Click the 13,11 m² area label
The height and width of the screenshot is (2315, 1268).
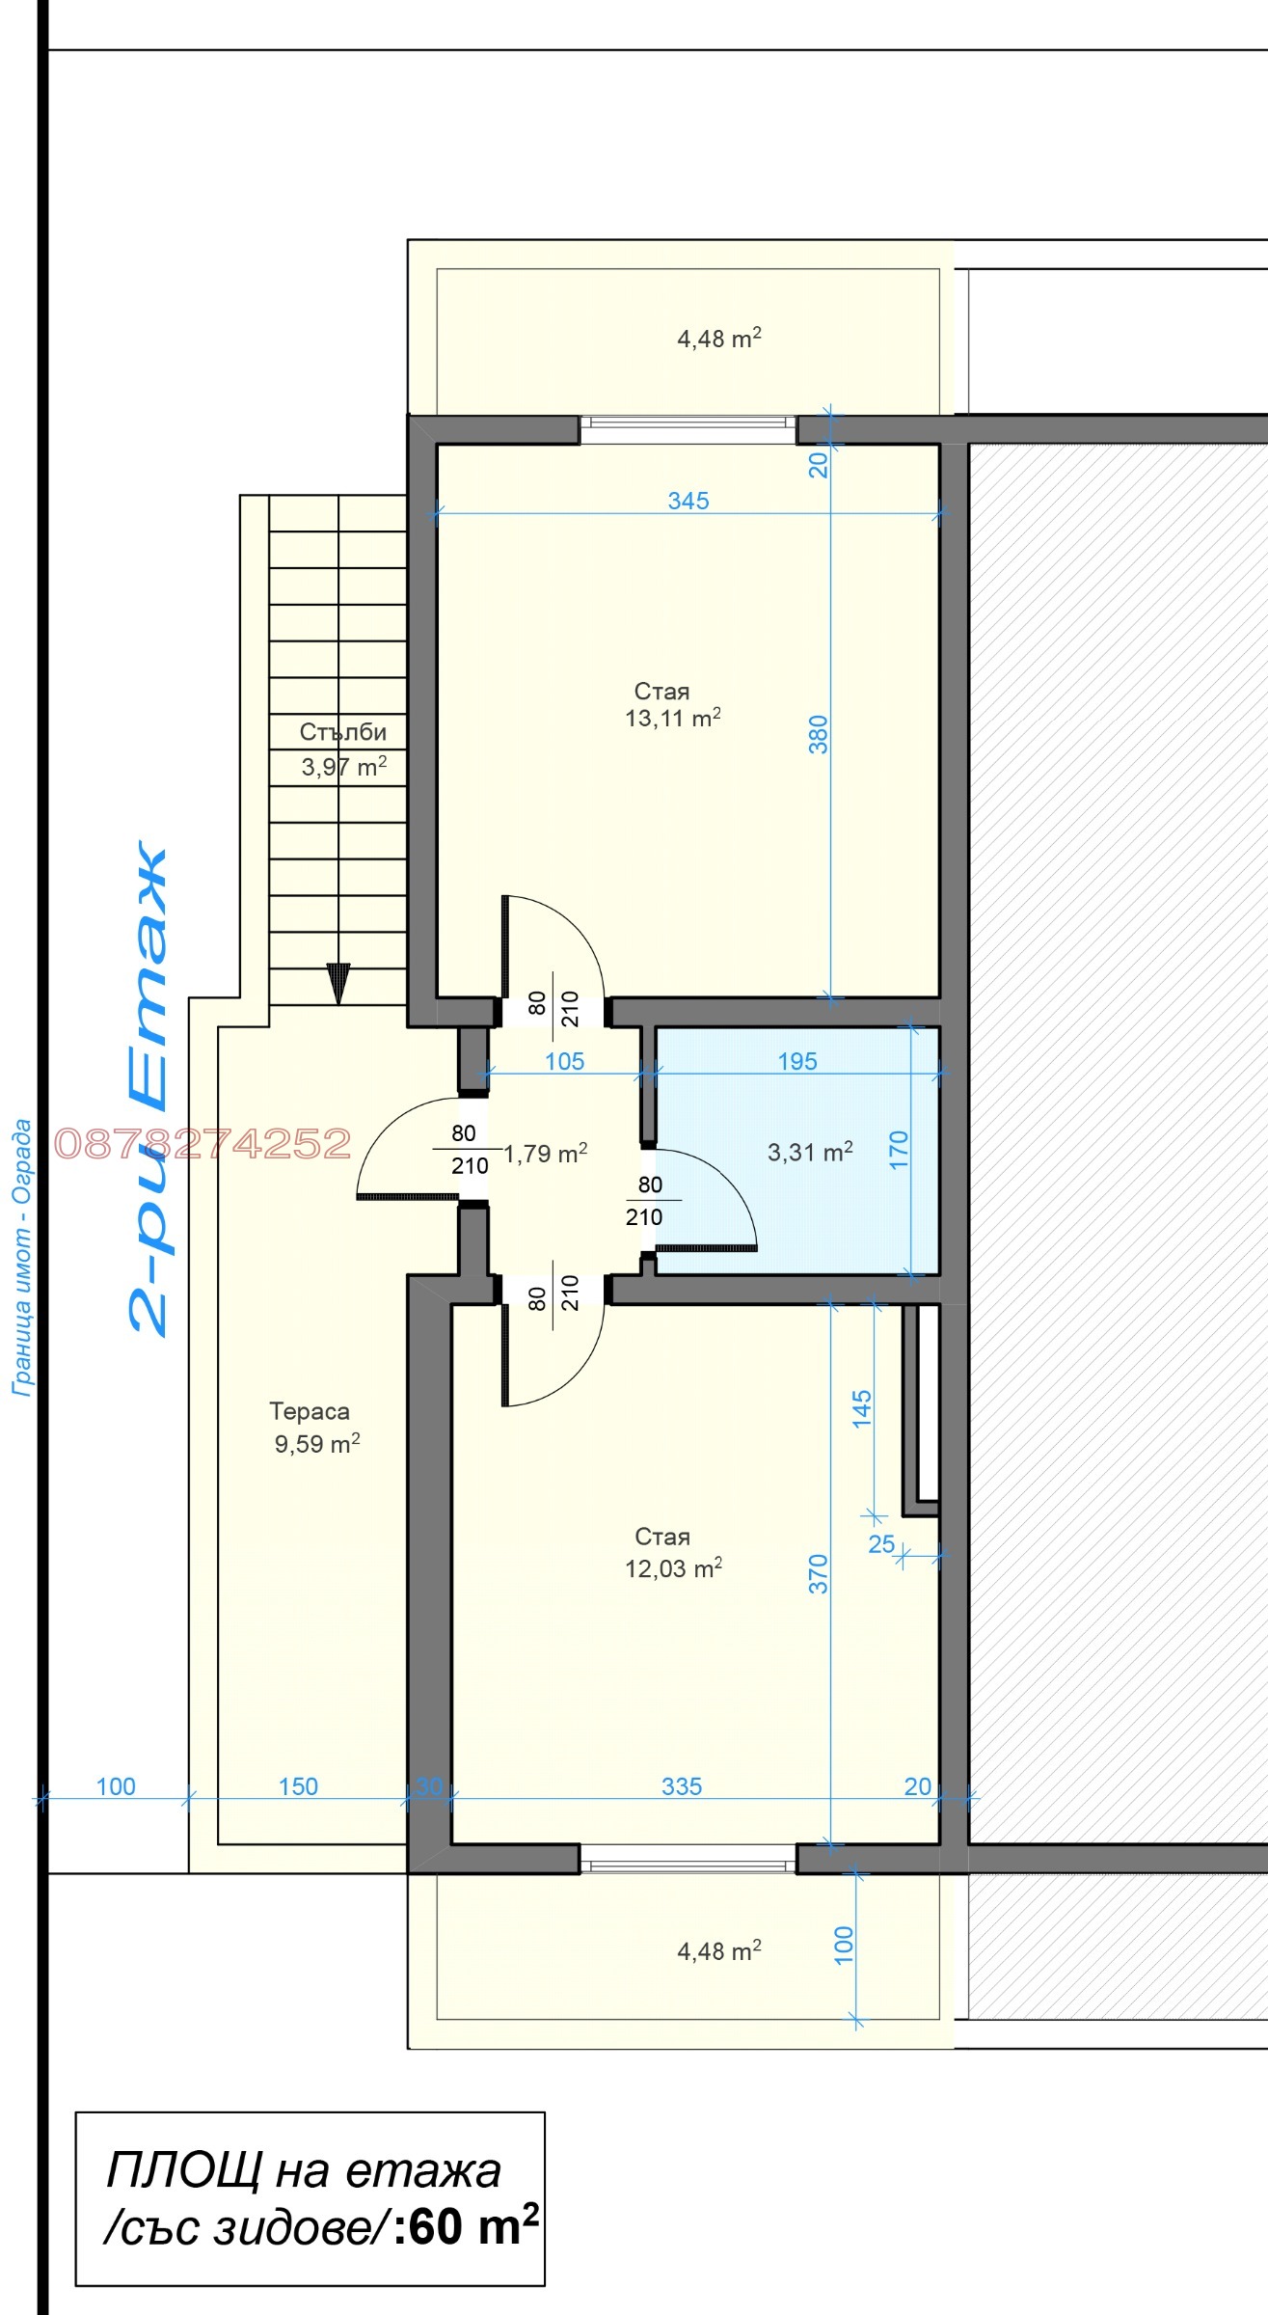[672, 718]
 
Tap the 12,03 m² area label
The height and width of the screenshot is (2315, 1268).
[673, 1568]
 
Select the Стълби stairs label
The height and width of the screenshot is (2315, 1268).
[342, 732]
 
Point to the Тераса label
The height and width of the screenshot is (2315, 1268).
[310, 1411]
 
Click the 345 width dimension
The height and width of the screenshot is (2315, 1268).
[688, 501]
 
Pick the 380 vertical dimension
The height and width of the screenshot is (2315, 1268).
[818, 734]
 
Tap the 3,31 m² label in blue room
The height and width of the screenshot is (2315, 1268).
[810, 1152]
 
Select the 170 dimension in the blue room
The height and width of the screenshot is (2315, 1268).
[898, 1150]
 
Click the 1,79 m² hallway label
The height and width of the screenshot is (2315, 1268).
[546, 1154]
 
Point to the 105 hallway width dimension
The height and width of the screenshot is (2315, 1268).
[564, 1061]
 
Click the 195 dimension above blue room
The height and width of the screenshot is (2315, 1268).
[796, 1061]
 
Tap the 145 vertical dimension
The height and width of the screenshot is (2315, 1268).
[861, 1408]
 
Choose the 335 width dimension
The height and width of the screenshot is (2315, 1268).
[681, 1786]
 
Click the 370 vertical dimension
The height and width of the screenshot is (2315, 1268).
[818, 1573]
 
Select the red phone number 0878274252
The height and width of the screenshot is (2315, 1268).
[202, 1144]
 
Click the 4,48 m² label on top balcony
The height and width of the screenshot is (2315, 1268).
[718, 339]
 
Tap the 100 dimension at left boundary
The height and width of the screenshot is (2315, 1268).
[116, 1786]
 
